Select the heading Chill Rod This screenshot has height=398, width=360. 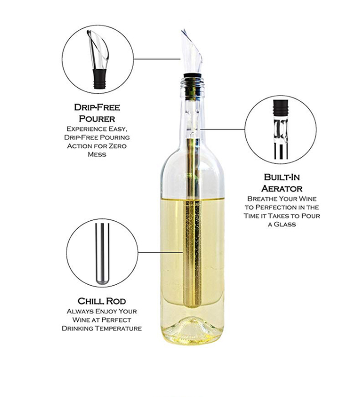coord(101,301)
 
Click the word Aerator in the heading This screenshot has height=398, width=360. coord(283,188)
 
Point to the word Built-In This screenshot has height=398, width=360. coord(283,177)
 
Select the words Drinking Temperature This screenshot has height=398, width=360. coord(101,328)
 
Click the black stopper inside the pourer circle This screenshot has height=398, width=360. coord(99,80)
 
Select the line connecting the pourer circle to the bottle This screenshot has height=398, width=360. coord(156,59)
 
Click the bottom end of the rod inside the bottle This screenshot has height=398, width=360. coord(192,303)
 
